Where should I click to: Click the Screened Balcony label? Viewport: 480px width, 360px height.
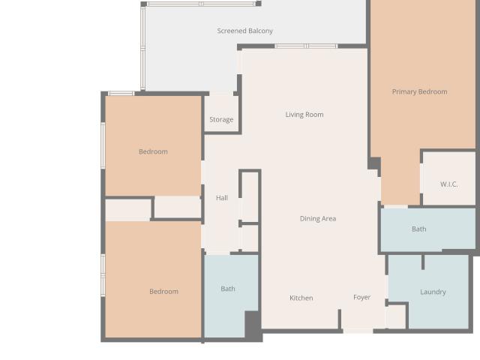coord(245,31)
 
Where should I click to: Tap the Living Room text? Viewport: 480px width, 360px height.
coord(304,115)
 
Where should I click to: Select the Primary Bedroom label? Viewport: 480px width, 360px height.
coord(419,91)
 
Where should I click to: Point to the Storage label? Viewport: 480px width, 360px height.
coord(221,120)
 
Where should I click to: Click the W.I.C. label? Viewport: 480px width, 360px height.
coord(449,184)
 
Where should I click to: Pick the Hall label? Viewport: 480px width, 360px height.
coord(222,198)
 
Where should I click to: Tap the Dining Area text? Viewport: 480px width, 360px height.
coord(318,219)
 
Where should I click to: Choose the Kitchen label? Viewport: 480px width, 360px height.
coord(301,298)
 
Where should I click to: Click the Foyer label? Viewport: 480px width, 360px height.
coord(361,298)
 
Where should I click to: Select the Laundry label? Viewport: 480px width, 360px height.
coord(433,292)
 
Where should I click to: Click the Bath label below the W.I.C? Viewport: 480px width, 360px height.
coord(418,229)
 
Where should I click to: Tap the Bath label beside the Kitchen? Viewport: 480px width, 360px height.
coord(228,289)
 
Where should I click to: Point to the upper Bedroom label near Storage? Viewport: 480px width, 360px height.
coord(153,151)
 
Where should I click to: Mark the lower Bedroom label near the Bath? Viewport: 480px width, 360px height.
coord(163,292)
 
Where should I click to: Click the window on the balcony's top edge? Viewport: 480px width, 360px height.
coord(201,4)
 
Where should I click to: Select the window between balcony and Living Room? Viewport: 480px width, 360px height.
coord(306,46)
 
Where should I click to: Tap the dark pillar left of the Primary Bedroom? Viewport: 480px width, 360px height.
coord(374,163)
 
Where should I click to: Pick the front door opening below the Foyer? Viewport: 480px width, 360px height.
coord(358,331)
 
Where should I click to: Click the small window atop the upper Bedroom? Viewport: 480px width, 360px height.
coord(121,93)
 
